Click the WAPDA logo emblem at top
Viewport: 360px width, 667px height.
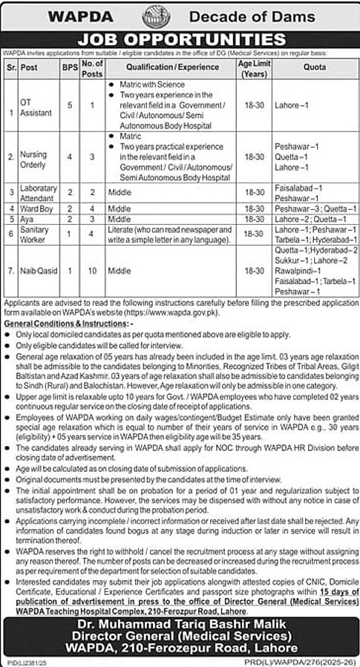tap(156, 15)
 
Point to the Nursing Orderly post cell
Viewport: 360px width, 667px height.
tap(33, 158)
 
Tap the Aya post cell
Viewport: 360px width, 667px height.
tap(27, 220)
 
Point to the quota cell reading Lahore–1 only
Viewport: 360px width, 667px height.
tap(290, 106)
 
